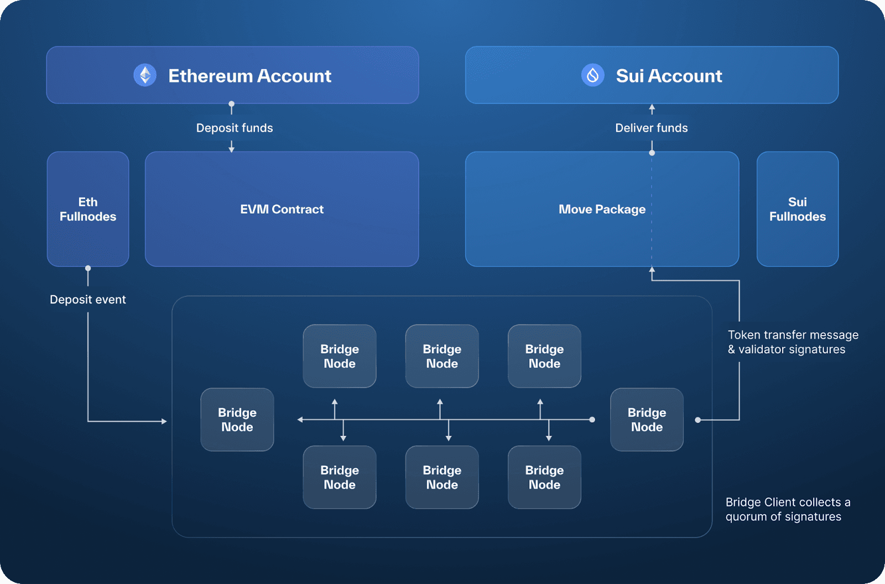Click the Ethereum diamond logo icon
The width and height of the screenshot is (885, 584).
click(x=145, y=75)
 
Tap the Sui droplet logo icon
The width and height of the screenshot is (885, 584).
click(x=592, y=75)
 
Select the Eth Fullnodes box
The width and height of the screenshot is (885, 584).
click(x=88, y=209)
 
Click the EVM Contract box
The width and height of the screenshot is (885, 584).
click(x=282, y=209)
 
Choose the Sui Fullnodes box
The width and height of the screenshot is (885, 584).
click(x=797, y=209)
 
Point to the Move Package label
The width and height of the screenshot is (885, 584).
click(x=602, y=210)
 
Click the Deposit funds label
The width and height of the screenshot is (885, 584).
click(x=235, y=128)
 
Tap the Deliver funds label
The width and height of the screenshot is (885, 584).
click(x=652, y=128)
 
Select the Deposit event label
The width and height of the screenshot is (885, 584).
click(x=88, y=300)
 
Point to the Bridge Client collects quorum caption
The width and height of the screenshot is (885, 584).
click(x=788, y=509)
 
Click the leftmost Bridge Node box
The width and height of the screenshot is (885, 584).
click(x=237, y=420)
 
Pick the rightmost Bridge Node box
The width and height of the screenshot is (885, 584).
click(x=647, y=420)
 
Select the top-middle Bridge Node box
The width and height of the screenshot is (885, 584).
click(x=442, y=356)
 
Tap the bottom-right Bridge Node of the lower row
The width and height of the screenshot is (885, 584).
click(x=544, y=477)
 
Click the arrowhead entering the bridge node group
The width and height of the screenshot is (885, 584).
click(x=164, y=421)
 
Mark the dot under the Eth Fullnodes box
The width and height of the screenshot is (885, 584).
click(x=88, y=268)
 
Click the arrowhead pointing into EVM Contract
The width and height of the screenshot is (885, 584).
click(x=232, y=149)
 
